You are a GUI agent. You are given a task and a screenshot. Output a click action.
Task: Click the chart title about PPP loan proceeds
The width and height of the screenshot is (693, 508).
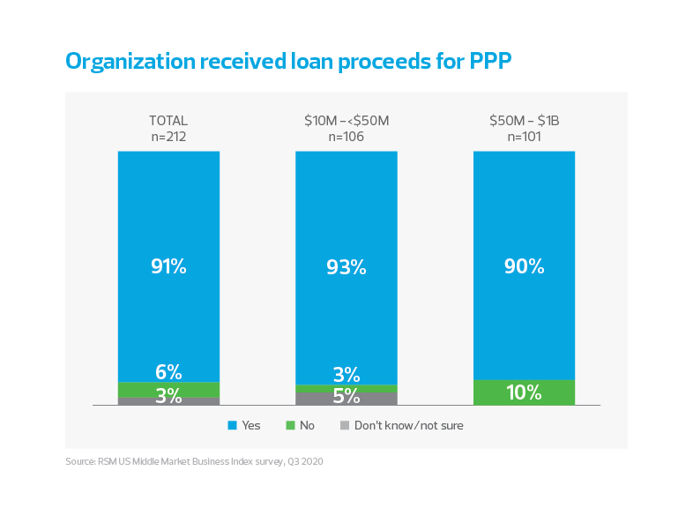coord(287,61)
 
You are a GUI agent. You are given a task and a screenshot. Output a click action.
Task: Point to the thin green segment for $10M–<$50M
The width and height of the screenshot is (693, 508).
coord(346,388)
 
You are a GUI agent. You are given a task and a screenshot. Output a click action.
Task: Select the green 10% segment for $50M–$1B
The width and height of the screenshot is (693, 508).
coord(525,392)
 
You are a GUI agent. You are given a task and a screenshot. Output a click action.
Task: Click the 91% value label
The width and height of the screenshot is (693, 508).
coord(168,266)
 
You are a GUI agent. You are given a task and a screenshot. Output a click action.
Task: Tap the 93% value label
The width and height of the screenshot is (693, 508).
coord(346,266)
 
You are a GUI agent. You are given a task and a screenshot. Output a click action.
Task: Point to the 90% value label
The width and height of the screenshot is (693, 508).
coord(525,266)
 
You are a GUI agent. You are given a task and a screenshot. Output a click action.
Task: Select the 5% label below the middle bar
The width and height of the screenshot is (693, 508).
coord(346,399)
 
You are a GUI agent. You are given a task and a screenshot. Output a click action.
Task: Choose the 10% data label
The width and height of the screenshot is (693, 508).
coord(525,393)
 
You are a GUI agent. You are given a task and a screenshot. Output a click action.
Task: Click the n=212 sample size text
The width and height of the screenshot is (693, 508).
coord(168,136)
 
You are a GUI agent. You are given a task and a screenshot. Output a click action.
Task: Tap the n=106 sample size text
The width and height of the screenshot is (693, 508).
coord(346,136)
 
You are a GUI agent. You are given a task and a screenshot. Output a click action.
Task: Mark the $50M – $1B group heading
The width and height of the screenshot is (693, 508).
coord(525,121)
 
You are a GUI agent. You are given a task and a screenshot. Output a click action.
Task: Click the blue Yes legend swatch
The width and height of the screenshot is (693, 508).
coord(232,426)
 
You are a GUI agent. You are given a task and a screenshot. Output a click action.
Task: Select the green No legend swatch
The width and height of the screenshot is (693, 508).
coord(288,426)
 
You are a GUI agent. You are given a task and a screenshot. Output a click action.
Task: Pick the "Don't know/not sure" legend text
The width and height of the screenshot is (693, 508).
coord(409,426)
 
